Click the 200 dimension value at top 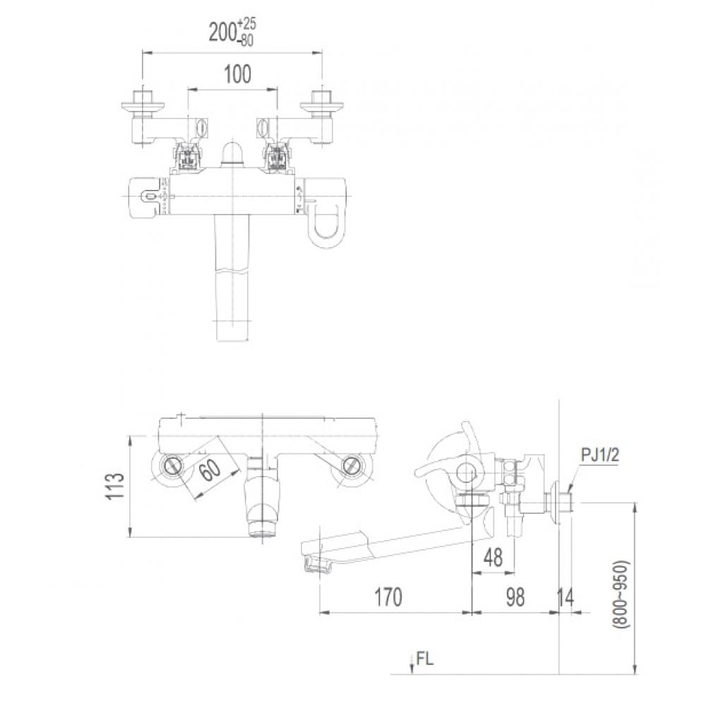(x=223, y=32)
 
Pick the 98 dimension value (x=515, y=597)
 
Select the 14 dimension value (x=566, y=597)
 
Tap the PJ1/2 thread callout (x=599, y=455)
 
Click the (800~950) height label (x=620, y=594)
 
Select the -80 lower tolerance (x=246, y=40)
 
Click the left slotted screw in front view (x=174, y=465)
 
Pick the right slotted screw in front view (x=349, y=465)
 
